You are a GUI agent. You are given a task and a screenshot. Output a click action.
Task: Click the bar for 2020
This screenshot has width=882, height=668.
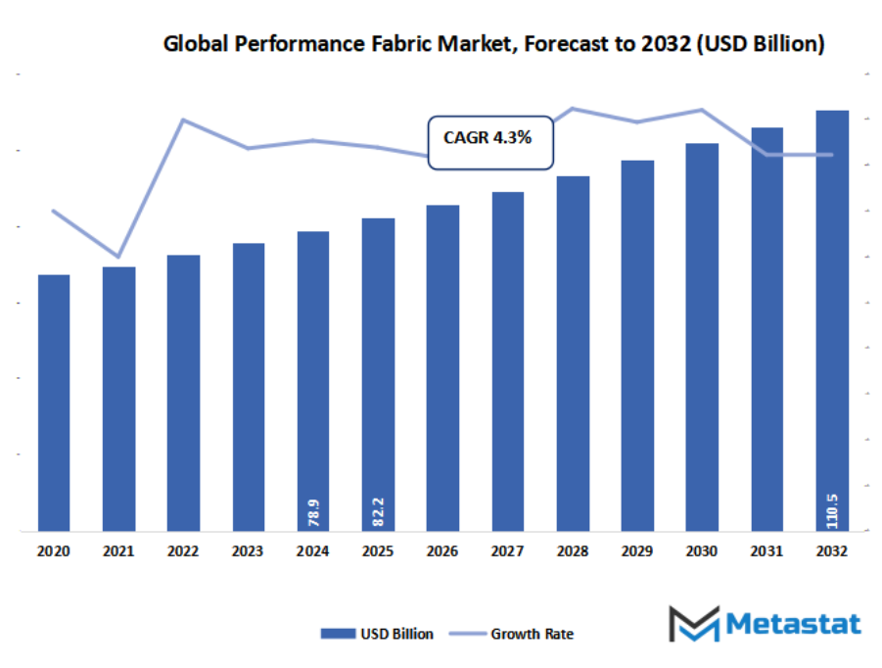click(x=54, y=402)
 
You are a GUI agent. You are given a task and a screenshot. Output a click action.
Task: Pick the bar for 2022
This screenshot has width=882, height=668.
click(x=183, y=392)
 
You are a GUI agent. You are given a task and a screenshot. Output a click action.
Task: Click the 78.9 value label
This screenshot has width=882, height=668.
click(x=313, y=511)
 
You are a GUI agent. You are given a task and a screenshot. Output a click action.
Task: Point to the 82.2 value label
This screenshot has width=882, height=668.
click(x=378, y=511)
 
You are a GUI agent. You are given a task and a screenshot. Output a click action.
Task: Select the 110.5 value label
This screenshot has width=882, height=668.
click(x=832, y=508)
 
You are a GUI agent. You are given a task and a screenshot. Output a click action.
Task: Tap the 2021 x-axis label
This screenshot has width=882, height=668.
click(x=118, y=551)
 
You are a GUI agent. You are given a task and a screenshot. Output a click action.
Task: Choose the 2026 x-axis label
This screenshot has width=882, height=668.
click(x=442, y=551)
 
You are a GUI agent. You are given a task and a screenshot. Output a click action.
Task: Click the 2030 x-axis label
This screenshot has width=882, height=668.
click(x=702, y=551)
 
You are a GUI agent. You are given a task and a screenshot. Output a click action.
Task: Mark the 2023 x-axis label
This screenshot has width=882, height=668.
click(x=248, y=551)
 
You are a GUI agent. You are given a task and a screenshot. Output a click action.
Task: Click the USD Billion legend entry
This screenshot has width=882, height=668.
click(x=377, y=634)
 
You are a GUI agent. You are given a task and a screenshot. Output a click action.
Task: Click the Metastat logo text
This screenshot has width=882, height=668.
click(x=793, y=624)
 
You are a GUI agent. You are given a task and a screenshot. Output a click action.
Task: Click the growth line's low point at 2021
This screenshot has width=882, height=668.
click(x=118, y=257)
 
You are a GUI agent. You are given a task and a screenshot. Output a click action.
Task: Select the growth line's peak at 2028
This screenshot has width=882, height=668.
click(x=573, y=109)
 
